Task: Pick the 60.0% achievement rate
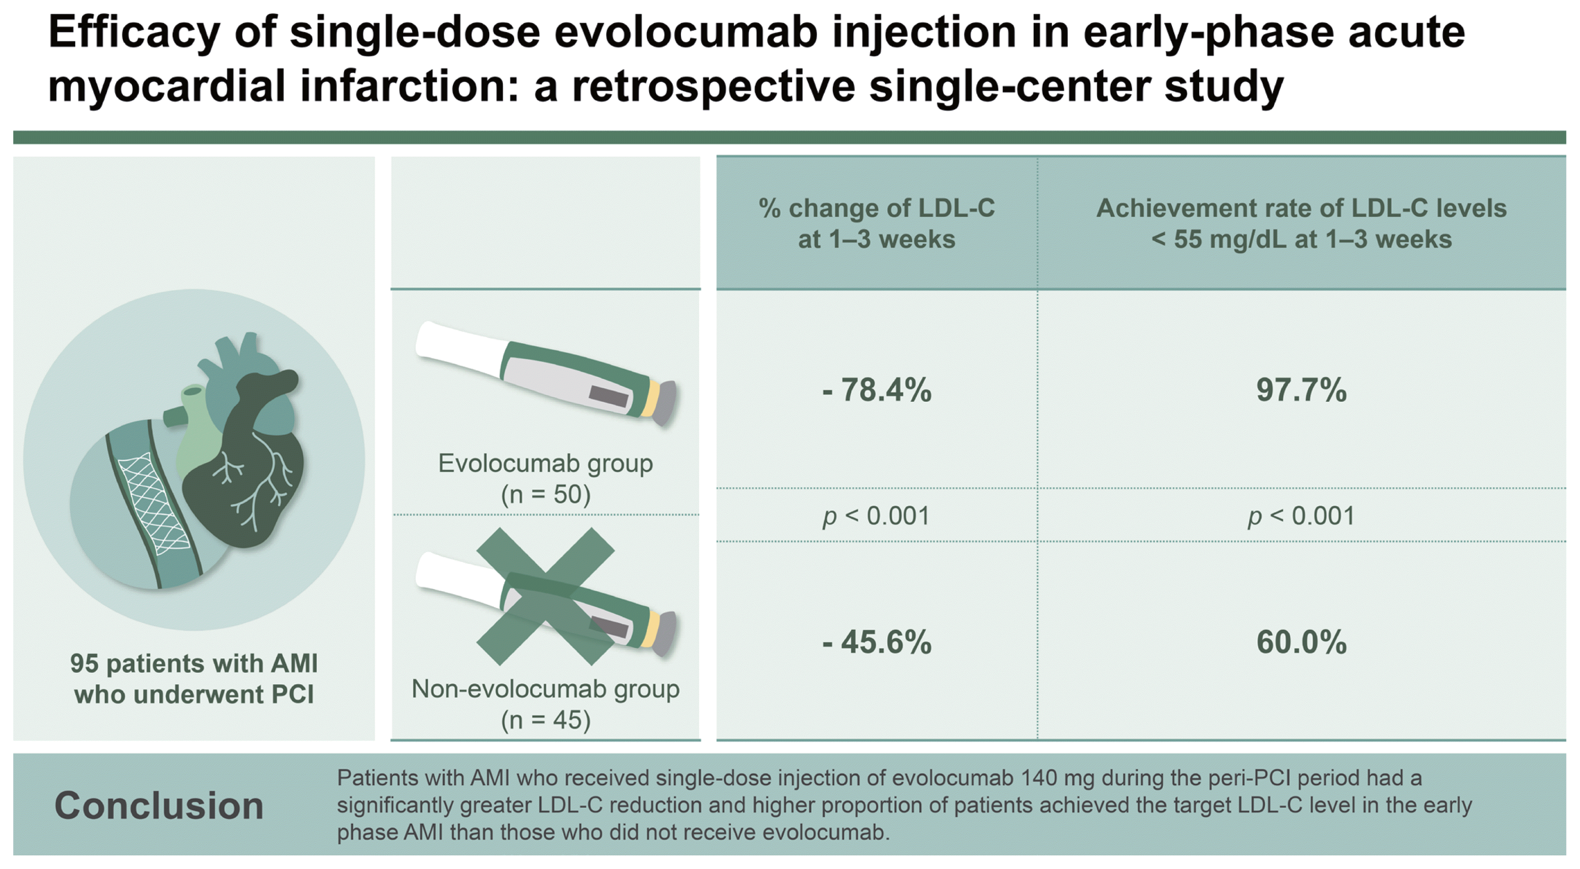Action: coord(1301,642)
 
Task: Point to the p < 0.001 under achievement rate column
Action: coord(1301,516)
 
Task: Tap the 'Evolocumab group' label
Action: coord(545,463)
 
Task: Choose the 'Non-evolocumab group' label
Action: coord(545,689)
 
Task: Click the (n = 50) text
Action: coord(545,494)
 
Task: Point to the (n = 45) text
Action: coord(545,719)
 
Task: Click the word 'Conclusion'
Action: coord(159,805)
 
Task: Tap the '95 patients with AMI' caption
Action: coord(194,663)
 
